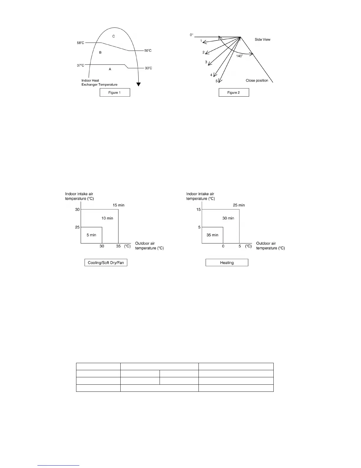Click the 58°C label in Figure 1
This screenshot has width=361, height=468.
80,43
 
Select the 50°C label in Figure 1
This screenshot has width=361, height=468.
148,51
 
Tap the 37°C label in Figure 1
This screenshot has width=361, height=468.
80,65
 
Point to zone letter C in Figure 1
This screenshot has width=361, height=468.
114,36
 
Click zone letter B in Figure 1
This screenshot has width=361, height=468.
100,53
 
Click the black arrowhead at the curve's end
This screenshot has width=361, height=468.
138,84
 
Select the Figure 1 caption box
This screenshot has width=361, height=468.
115,92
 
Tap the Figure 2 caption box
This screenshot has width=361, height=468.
234,92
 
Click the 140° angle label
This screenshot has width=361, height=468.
239,56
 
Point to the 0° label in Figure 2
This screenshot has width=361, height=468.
191,35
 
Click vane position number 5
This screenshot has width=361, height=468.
216,81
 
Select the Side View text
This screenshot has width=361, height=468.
262,40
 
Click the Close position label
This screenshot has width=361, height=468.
257,81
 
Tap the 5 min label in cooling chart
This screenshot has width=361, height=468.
91,235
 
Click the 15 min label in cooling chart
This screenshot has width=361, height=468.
119,205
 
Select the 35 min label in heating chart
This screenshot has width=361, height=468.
212,235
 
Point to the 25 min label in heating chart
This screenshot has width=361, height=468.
239,205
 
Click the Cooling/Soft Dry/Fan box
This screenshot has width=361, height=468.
106,263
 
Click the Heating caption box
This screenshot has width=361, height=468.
227,263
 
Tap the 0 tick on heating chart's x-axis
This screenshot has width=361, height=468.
223,246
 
